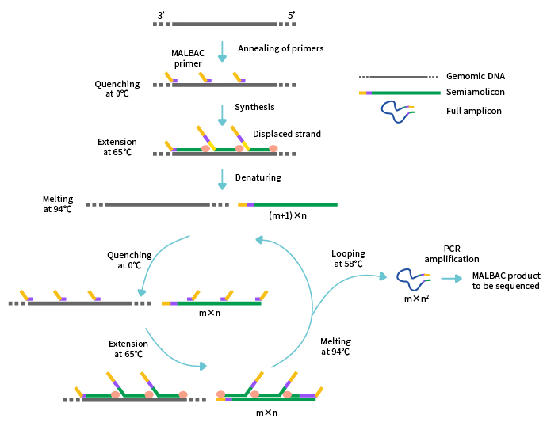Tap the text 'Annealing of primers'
(x=281, y=48)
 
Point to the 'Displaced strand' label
(x=287, y=134)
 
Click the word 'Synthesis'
(x=254, y=107)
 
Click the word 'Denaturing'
(x=258, y=177)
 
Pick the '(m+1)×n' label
(x=288, y=215)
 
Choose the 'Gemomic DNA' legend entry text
(x=476, y=77)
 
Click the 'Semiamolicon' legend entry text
(x=476, y=93)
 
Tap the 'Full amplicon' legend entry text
(x=474, y=112)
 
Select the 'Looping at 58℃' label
(x=348, y=258)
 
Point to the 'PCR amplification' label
(x=451, y=253)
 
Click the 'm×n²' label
(x=417, y=299)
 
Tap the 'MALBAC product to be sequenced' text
(x=505, y=280)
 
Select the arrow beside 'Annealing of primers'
(x=223, y=51)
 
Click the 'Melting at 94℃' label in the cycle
(x=335, y=346)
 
